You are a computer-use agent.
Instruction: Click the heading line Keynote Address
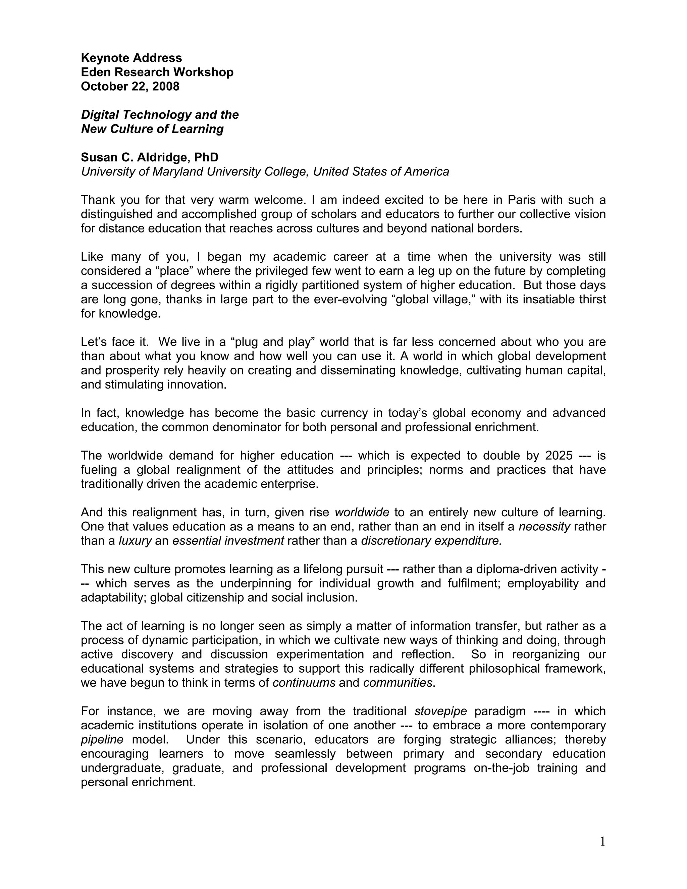(x=131, y=58)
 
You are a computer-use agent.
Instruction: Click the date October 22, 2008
(x=130, y=86)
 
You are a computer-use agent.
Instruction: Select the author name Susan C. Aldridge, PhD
(x=149, y=157)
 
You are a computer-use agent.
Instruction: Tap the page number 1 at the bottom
(x=602, y=842)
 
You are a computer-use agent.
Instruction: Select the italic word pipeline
(x=102, y=740)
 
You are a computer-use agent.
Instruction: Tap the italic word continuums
(x=304, y=683)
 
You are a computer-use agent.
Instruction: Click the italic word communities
(x=398, y=683)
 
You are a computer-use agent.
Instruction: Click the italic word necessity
(x=544, y=527)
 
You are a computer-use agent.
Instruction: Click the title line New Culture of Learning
(x=152, y=129)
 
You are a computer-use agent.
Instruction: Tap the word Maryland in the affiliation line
(x=178, y=172)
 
